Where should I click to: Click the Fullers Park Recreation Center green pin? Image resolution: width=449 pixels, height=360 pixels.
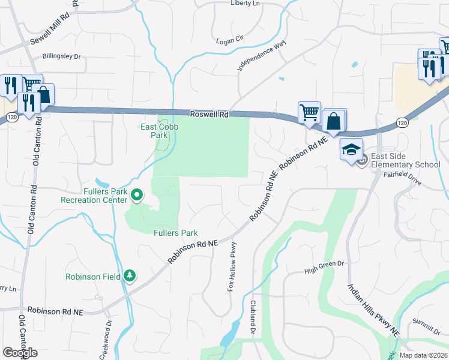(137, 194)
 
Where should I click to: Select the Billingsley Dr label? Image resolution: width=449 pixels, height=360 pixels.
(61, 56)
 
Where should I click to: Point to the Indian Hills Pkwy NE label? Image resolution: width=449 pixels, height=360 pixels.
(373, 308)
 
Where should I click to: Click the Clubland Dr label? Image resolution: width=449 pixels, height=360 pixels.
(253, 317)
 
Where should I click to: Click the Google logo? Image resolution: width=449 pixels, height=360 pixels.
(20, 353)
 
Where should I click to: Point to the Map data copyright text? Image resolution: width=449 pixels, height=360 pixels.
(423, 355)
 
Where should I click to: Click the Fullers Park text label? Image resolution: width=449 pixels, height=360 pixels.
(176, 233)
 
